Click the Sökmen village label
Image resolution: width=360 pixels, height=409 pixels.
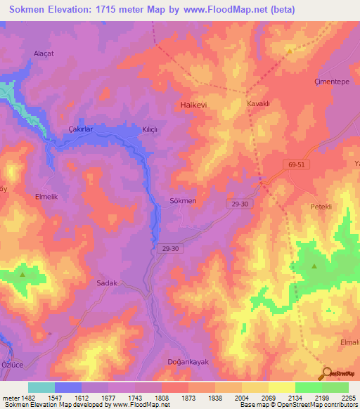coord(183,200)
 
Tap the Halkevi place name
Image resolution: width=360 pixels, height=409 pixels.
coord(188,104)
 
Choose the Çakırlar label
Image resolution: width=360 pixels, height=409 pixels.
coord(80,129)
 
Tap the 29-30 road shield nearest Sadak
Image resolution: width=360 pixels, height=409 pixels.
coord(170,248)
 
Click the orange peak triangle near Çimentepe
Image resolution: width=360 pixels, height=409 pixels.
coord(289,51)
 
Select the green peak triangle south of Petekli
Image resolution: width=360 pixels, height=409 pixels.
coord(314,266)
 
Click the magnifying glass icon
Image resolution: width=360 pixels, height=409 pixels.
coord(326,373)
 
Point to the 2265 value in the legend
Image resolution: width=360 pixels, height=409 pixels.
coord(349,398)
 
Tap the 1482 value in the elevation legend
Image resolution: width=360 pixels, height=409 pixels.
coord(28,398)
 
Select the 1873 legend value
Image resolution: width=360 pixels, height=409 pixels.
coord(188,398)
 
